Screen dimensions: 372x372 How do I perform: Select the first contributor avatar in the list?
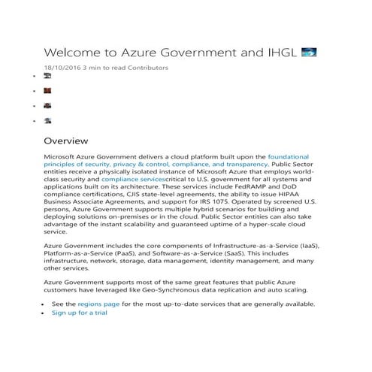tap(47, 77)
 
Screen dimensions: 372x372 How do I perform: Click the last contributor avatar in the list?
tap(47, 120)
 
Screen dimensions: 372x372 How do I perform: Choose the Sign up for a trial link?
tap(79, 313)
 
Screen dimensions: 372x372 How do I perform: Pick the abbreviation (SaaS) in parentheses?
tap(262, 254)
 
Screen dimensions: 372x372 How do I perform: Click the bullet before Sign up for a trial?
tap(44, 313)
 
